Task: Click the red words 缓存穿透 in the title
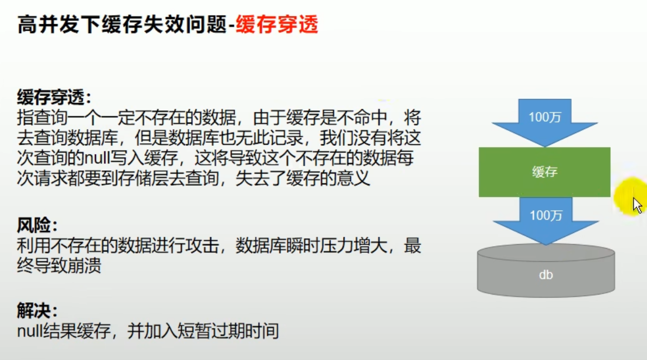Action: click(277, 24)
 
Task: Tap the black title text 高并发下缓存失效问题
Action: click(123, 24)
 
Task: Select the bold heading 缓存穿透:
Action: click(54, 98)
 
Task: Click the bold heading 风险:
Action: click(37, 225)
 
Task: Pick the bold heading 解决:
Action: click(37, 311)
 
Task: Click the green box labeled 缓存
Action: click(544, 172)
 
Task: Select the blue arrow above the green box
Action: click(544, 123)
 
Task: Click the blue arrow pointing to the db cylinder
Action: click(546, 221)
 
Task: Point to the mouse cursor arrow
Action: click(637, 205)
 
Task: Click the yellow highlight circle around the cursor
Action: click(630, 196)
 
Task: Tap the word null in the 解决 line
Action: click(30, 331)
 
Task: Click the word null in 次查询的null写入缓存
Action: click(97, 158)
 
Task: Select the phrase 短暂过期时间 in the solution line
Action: click(228, 331)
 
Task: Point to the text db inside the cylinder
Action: click(546, 275)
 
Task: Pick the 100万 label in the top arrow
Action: click(544, 117)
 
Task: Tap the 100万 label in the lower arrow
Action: click(546, 215)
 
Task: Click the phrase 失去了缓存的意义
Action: click(303, 179)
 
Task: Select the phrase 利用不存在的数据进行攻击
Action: click(118, 246)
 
